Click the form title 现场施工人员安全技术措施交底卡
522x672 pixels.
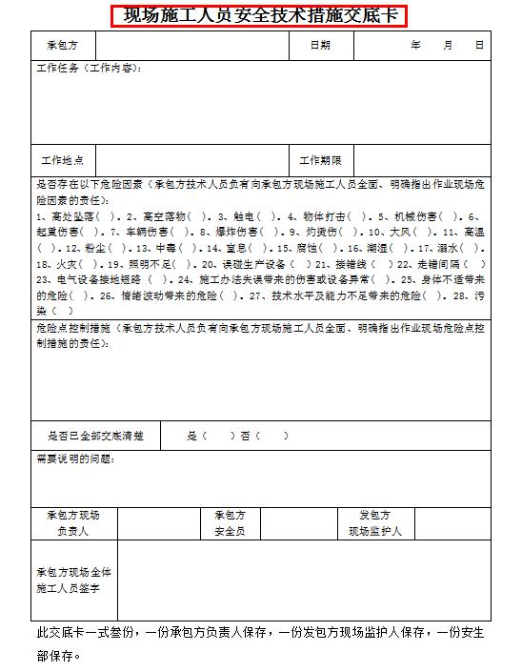[x=259, y=16]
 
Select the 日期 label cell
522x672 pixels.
[x=321, y=45]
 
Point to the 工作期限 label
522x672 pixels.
[x=321, y=160]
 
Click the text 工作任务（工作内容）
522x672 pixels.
[x=90, y=70]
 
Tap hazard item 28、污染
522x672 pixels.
[x=469, y=295]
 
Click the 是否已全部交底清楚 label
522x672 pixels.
[x=95, y=436]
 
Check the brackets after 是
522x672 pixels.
[x=218, y=436]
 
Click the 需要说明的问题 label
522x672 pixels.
[x=76, y=459]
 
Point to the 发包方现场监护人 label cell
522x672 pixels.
[x=375, y=522]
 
